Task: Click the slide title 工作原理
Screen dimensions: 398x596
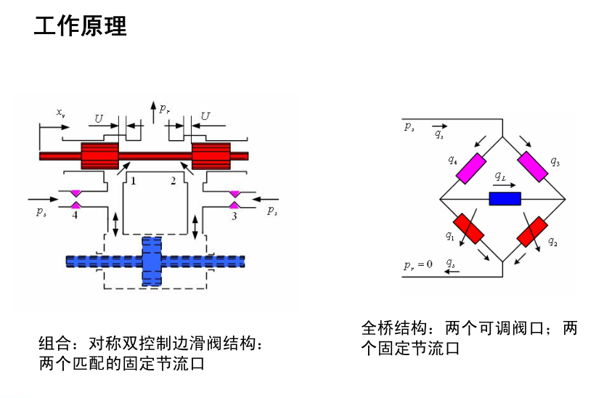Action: coord(81,26)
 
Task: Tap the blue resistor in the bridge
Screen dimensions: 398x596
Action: coord(505,198)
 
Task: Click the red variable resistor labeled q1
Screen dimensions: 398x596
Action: coord(469,229)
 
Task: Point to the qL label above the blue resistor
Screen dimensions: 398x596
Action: coord(500,176)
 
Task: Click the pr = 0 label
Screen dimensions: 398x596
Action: coord(418,264)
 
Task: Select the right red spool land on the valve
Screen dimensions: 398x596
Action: coord(211,155)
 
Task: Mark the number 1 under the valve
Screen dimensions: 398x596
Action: coord(133,181)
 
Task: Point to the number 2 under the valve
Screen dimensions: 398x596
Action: coord(173,181)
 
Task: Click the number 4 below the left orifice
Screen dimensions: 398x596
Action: coord(75,215)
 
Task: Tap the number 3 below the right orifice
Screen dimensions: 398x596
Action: coord(234,216)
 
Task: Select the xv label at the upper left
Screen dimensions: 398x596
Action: coord(61,113)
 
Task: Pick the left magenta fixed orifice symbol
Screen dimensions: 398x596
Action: coord(75,198)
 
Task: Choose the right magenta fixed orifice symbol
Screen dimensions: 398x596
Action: coord(234,198)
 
